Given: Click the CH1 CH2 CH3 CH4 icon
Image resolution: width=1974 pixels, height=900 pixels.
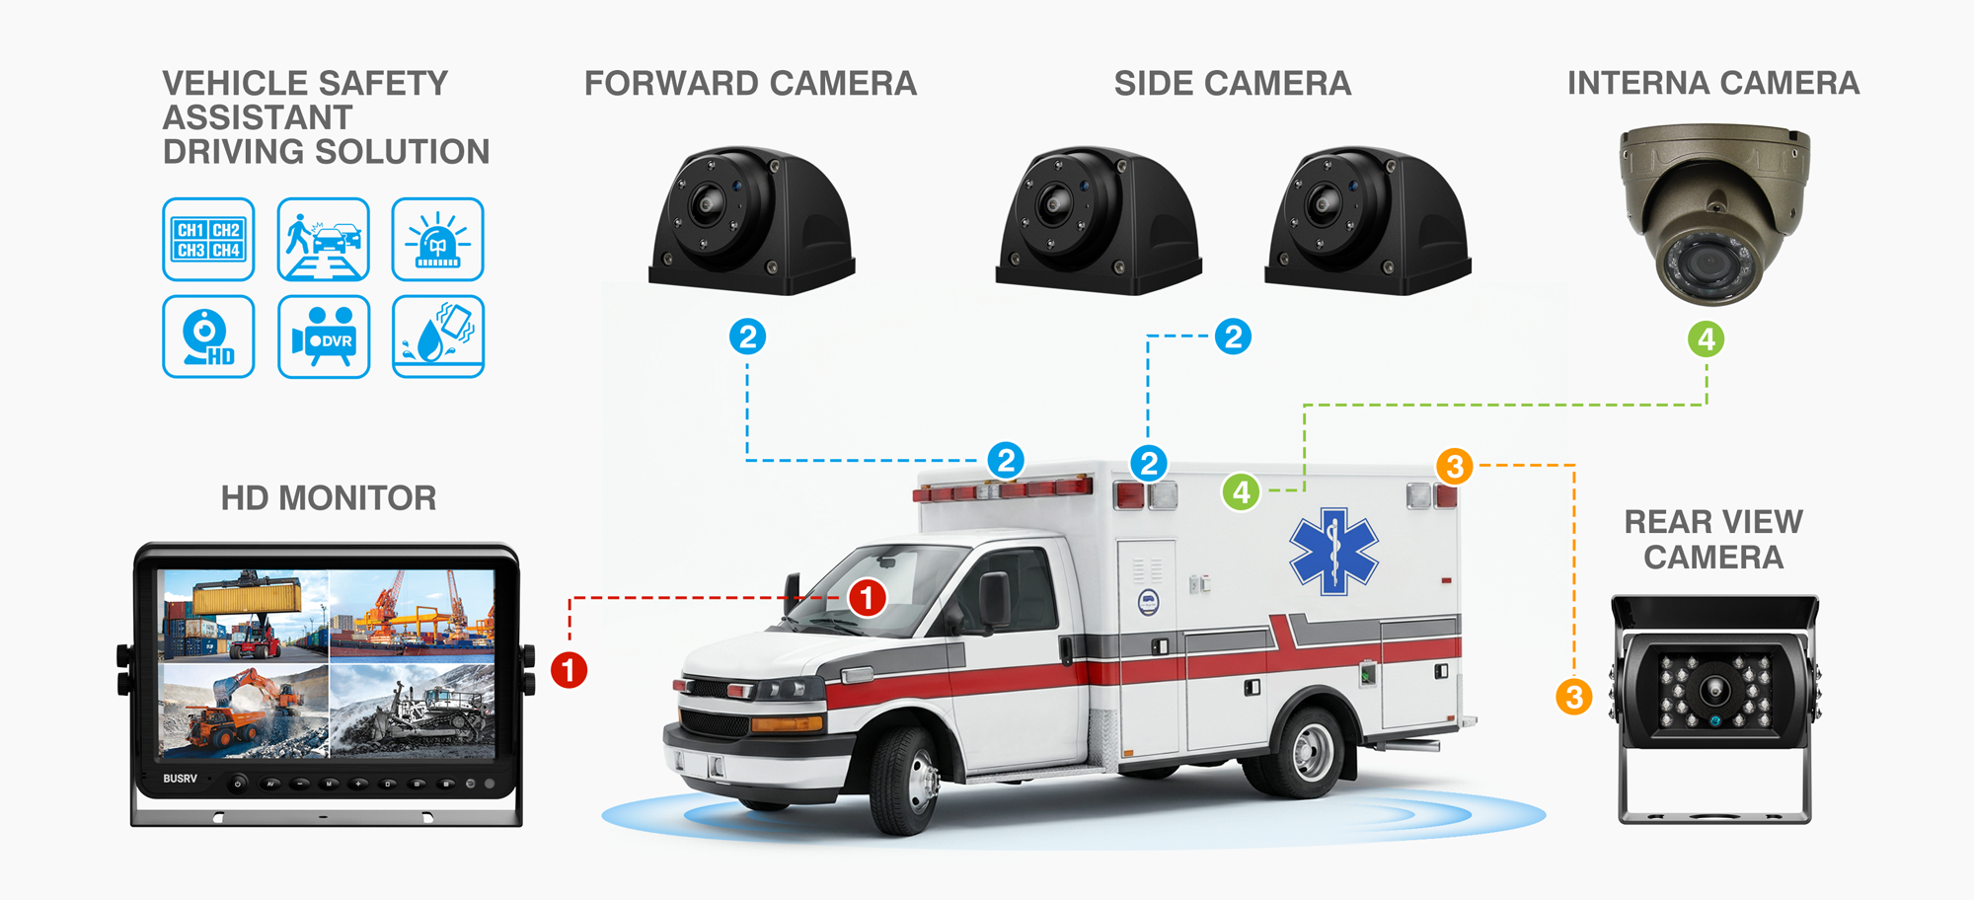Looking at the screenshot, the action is (x=208, y=239).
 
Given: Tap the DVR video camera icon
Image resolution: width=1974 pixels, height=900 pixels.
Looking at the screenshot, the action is (x=324, y=337).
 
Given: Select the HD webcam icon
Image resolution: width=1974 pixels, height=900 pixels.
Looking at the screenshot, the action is (x=208, y=337).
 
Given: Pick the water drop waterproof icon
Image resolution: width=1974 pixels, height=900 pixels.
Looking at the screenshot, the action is (x=438, y=337).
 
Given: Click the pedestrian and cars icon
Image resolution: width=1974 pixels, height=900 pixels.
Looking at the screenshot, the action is (x=324, y=239).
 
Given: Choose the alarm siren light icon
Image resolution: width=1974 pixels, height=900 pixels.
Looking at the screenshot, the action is (x=438, y=239).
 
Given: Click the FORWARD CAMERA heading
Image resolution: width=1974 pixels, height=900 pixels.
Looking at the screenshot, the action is (x=750, y=84).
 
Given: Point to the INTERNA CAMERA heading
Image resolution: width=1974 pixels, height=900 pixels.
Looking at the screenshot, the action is (x=1713, y=83).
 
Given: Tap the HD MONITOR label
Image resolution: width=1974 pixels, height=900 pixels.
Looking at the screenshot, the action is (x=329, y=498).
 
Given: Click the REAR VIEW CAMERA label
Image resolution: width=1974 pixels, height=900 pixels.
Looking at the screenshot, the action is (x=1713, y=539).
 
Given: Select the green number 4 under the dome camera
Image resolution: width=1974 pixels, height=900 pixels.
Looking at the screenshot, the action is (x=1707, y=339).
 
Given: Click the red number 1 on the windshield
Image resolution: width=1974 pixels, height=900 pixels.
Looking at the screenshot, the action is (x=868, y=597).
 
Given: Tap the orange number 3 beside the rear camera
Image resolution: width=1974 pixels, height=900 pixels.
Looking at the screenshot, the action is (x=1574, y=697).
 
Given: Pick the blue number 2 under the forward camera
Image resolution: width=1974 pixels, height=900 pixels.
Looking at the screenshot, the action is (x=748, y=337).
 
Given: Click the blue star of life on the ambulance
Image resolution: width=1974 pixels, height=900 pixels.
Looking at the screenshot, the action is (x=1333, y=551).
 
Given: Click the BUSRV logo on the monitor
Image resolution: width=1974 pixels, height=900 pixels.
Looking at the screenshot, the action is (x=181, y=779).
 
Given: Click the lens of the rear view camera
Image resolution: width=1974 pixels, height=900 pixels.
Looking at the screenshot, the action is (x=1714, y=688).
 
